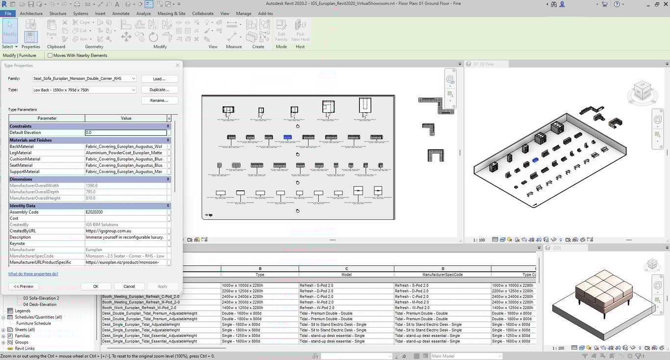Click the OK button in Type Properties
pyautogui.click(x=96, y=286)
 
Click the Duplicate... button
pyautogui.click(x=159, y=90)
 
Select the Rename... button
pyautogui.click(x=159, y=101)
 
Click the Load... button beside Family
pyautogui.click(x=159, y=78)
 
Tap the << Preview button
pyautogui.click(x=24, y=286)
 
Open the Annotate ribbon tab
pyautogui.click(x=121, y=13)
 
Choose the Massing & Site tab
pyautogui.click(x=172, y=13)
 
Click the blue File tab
pyautogui.click(x=8, y=13)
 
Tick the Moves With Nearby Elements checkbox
pyautogui.click(x=50, y=55)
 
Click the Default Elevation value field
pyautogui.click(x=126, y=132)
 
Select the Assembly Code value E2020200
pyautogui.click(x=126, y=212)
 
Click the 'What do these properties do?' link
pyautogui.click(x=33, y=274)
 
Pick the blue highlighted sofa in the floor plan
pyautogui.click(x=287, y=137)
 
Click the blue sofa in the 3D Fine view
pyautogui.click(x=535, y=160)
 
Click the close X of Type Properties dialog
pyautogui.click(x=177, y=65)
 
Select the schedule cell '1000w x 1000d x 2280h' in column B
pyautogui.click(x=242, y=285)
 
